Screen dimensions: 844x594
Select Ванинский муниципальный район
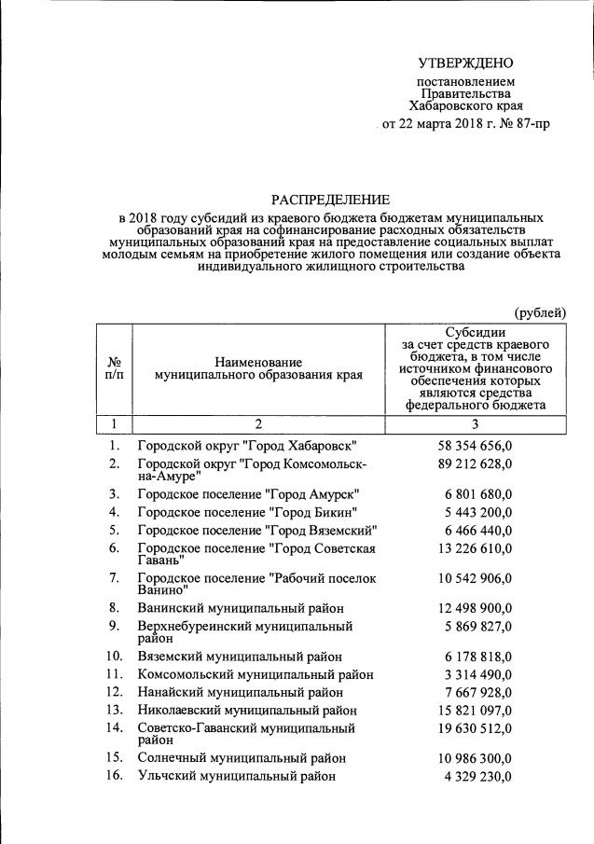(x=241, y=609)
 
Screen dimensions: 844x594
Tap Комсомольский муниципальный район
(x=256, y=674)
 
